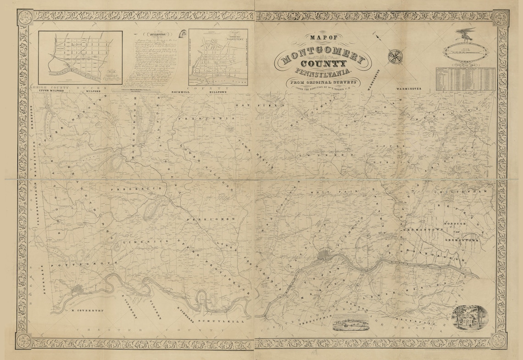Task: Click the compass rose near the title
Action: tap(394, 56)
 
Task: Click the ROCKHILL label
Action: tap(180, 92)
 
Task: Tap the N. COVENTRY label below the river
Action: tap(85, 310)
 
